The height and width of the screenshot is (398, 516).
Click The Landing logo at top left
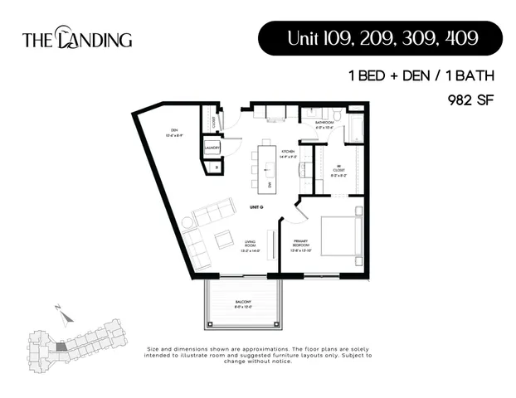[x=76, y=38]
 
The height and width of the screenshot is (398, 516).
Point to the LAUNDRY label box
[x=212, y=148]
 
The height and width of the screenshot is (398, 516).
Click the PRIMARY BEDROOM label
[x=300, y=246]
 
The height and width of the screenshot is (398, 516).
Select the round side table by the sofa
[x=188, y=222]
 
